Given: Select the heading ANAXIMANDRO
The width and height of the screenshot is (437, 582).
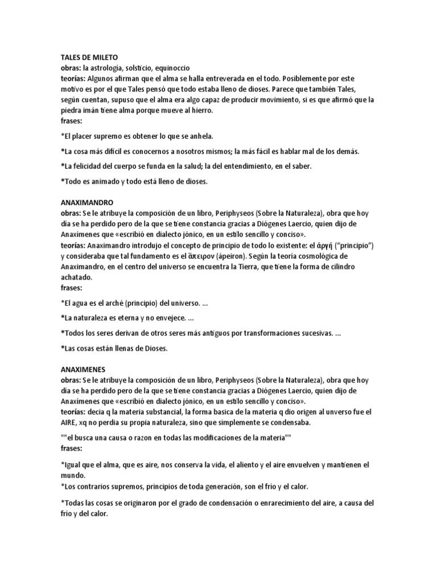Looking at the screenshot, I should pyautogui.click(x=87, y=202).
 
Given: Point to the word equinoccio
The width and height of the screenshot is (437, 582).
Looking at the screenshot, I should pyautogui.click(x=178, y=67).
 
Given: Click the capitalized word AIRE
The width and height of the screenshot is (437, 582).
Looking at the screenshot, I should pyautogui.click(x=71, y=423).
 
